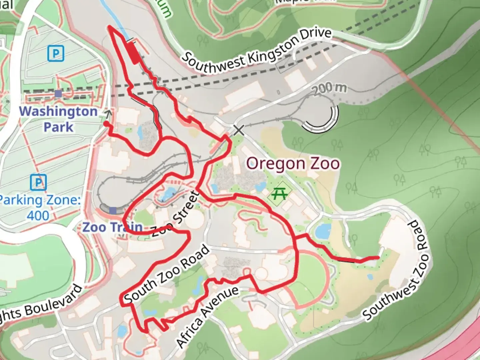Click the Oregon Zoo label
(x=293, y=164)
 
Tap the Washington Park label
(x=58, y=119)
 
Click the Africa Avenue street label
(x=207, y=316)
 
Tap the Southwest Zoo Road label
(x=396, y=270)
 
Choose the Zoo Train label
(x=113, y=227)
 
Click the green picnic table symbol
(x=279, y=193)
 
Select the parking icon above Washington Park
(x=56, y=53)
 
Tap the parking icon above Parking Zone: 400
(x=38, y=182)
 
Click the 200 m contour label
(x=329, y=88)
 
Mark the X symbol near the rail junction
(x=239, y=130)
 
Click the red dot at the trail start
(x=106, y=124)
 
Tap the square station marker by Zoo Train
(x=113, y=210)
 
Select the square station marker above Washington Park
(x=59, y=94)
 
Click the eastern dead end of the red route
(x=378, y=257)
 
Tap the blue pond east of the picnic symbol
(x=322, y=231)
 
